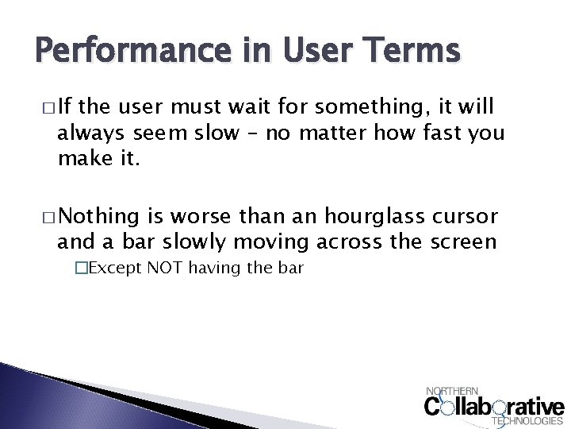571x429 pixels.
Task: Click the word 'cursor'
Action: (x=469, y=217)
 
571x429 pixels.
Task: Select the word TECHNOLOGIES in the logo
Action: (x=527, y=421)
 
